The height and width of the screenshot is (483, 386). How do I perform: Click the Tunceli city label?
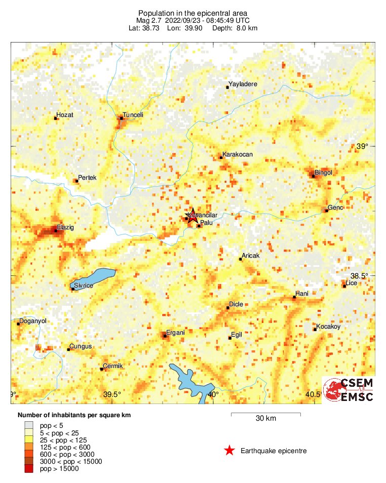point(134,115)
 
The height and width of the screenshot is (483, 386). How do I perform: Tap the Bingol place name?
point(323,173)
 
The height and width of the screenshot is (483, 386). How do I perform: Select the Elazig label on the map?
point(65,228)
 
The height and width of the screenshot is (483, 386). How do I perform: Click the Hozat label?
point(65,115)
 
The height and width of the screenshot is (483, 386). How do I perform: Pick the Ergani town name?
point(175,333)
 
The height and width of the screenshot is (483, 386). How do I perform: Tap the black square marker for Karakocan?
point(221,157)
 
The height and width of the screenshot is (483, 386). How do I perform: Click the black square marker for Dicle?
point(227,307)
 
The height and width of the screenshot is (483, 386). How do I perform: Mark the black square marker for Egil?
point(229,338)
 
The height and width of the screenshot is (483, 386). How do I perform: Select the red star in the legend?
point(229,451)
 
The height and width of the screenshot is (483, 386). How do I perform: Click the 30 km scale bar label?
point(265,419)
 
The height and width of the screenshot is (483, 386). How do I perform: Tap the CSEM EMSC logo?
point(349,390)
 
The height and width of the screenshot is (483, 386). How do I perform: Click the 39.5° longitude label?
point(112,395)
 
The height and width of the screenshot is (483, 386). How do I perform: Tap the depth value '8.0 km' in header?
point(246,28)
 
